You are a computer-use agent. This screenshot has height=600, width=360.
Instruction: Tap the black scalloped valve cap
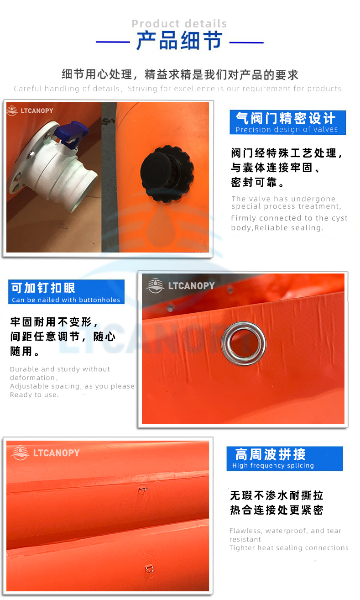167,174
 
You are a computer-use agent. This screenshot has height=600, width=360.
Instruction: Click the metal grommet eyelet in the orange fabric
243,343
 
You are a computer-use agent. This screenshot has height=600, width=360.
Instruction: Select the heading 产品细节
179,41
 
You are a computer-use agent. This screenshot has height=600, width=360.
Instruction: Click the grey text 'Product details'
179,24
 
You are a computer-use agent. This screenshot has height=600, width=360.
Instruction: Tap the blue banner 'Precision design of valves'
288,122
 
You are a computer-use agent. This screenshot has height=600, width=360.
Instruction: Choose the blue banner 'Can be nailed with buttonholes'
66,292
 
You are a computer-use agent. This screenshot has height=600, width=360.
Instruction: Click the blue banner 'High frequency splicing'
285,458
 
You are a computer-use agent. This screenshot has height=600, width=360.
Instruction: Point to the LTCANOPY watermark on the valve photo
30,111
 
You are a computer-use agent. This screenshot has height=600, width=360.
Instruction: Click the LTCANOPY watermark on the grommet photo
180,286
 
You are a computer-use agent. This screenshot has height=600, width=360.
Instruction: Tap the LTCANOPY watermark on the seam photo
46,453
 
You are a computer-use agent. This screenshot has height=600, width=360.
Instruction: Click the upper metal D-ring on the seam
143,490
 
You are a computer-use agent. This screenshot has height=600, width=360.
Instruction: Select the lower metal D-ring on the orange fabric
149,568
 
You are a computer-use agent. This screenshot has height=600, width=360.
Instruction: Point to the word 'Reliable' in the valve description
267,228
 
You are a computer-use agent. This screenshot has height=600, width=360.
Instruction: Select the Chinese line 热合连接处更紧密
277,510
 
